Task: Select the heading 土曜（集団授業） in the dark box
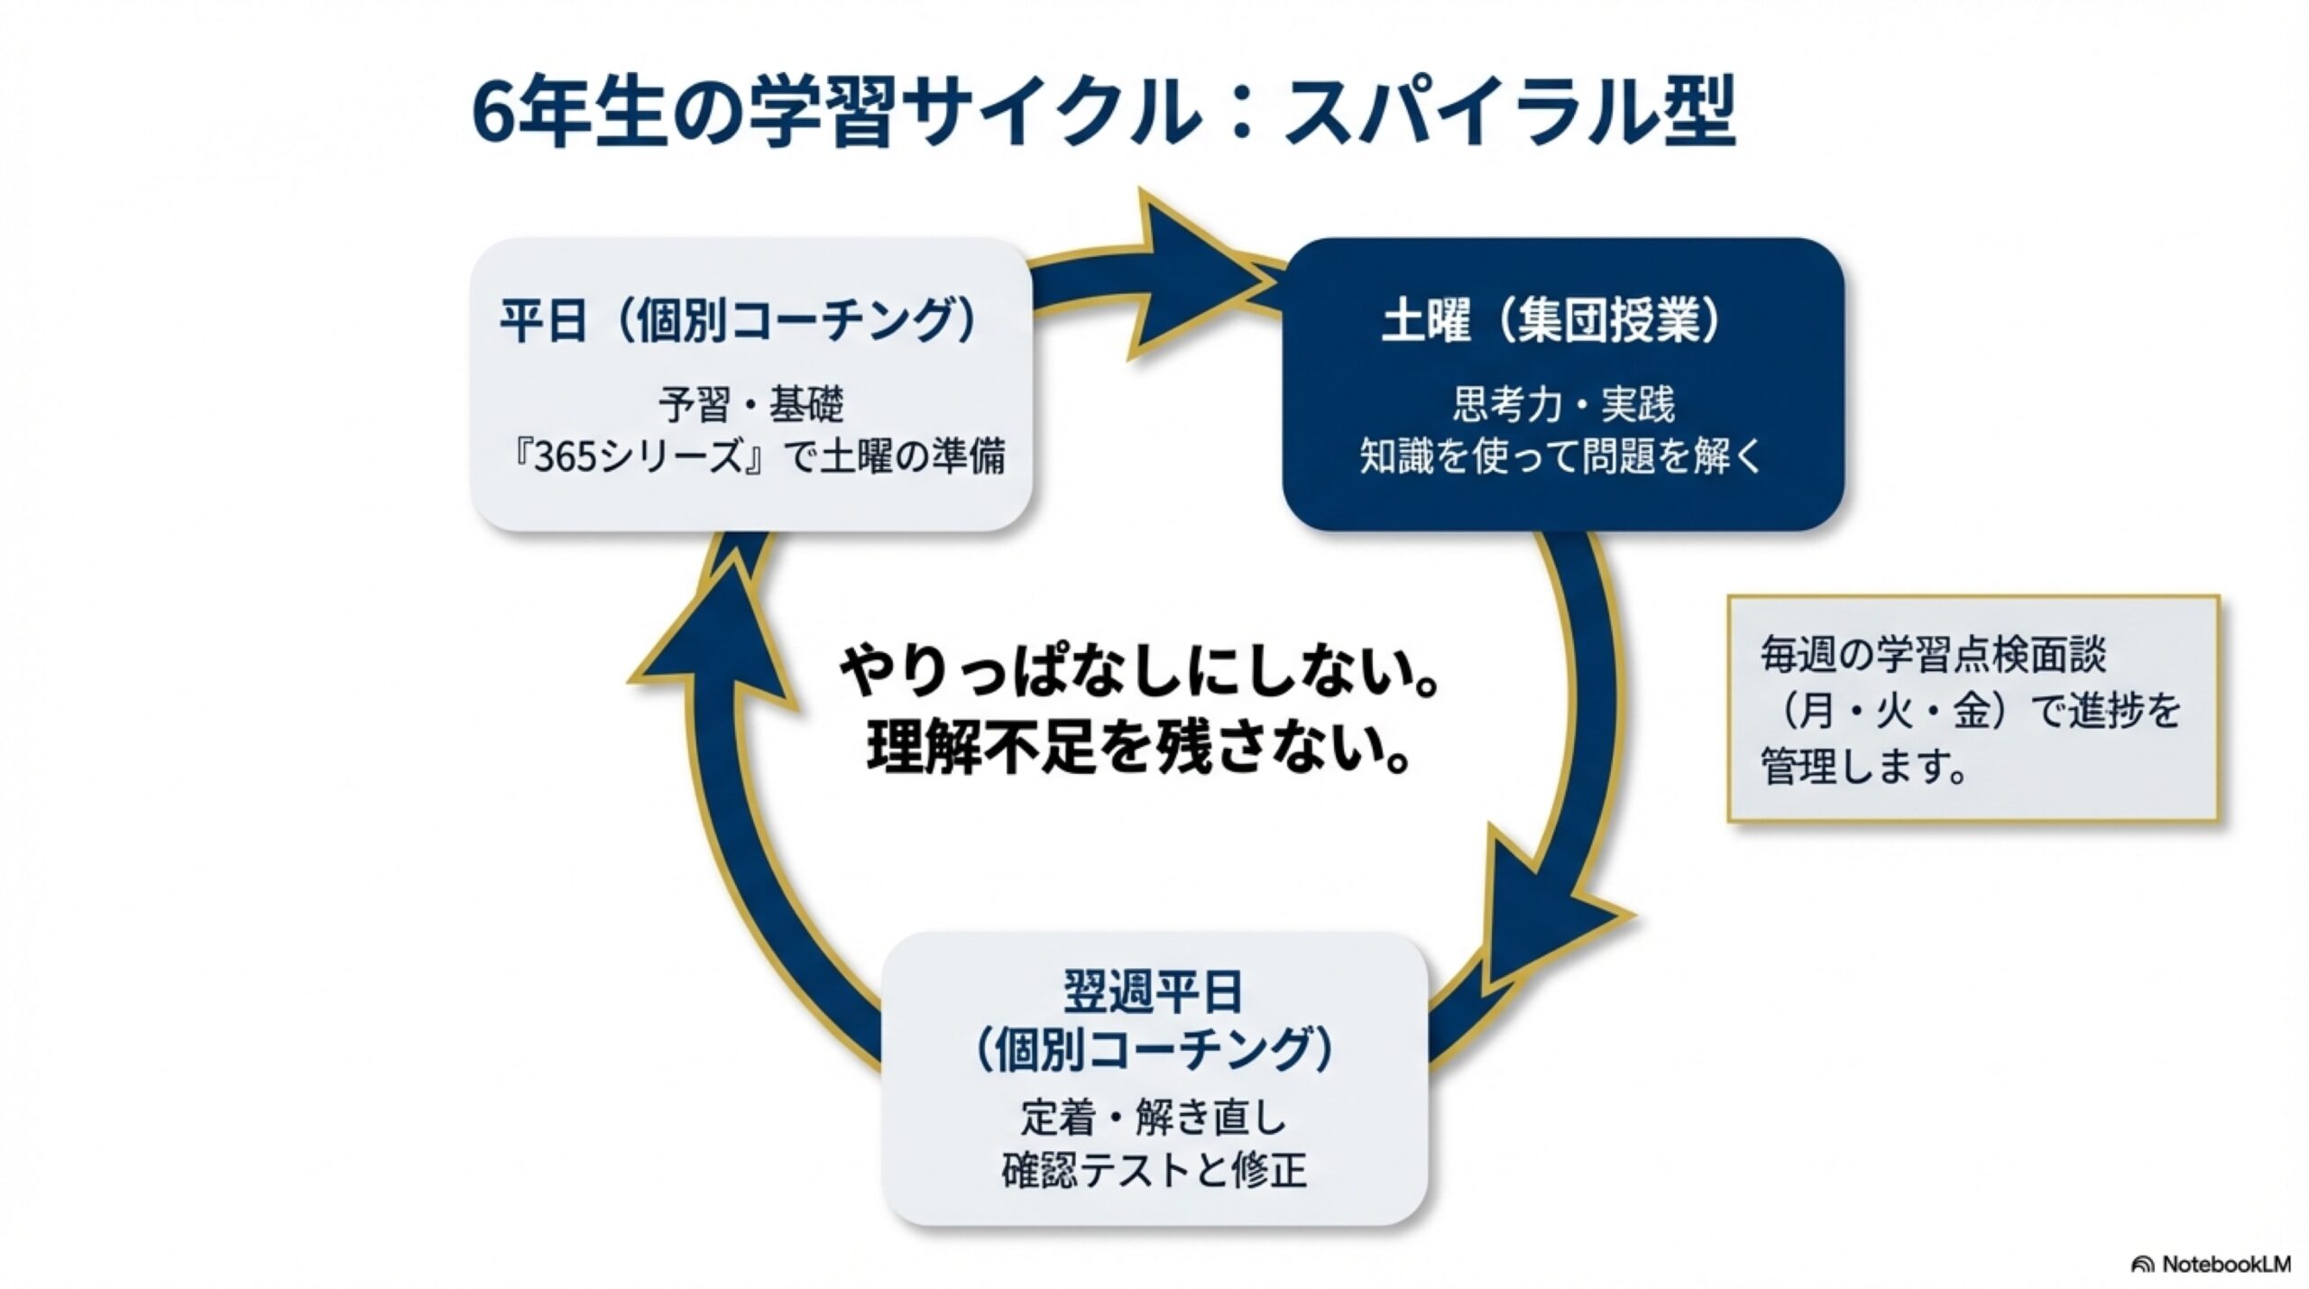pos(1551,321)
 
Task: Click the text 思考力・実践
pos(1563,405)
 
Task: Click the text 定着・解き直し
pos(1154,1119)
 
